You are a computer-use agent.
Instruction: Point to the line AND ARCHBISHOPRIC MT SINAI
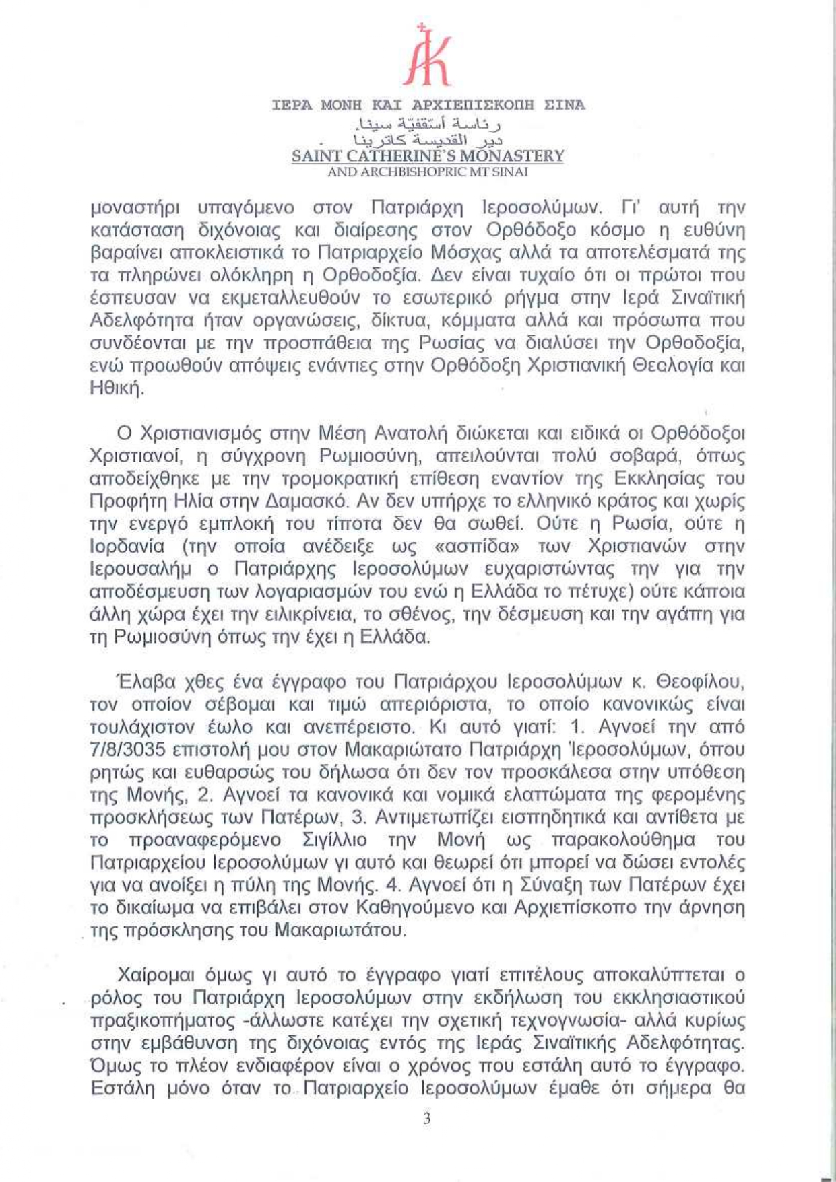click(x=428, y=172)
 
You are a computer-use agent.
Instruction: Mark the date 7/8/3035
click(x=128, y=749)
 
